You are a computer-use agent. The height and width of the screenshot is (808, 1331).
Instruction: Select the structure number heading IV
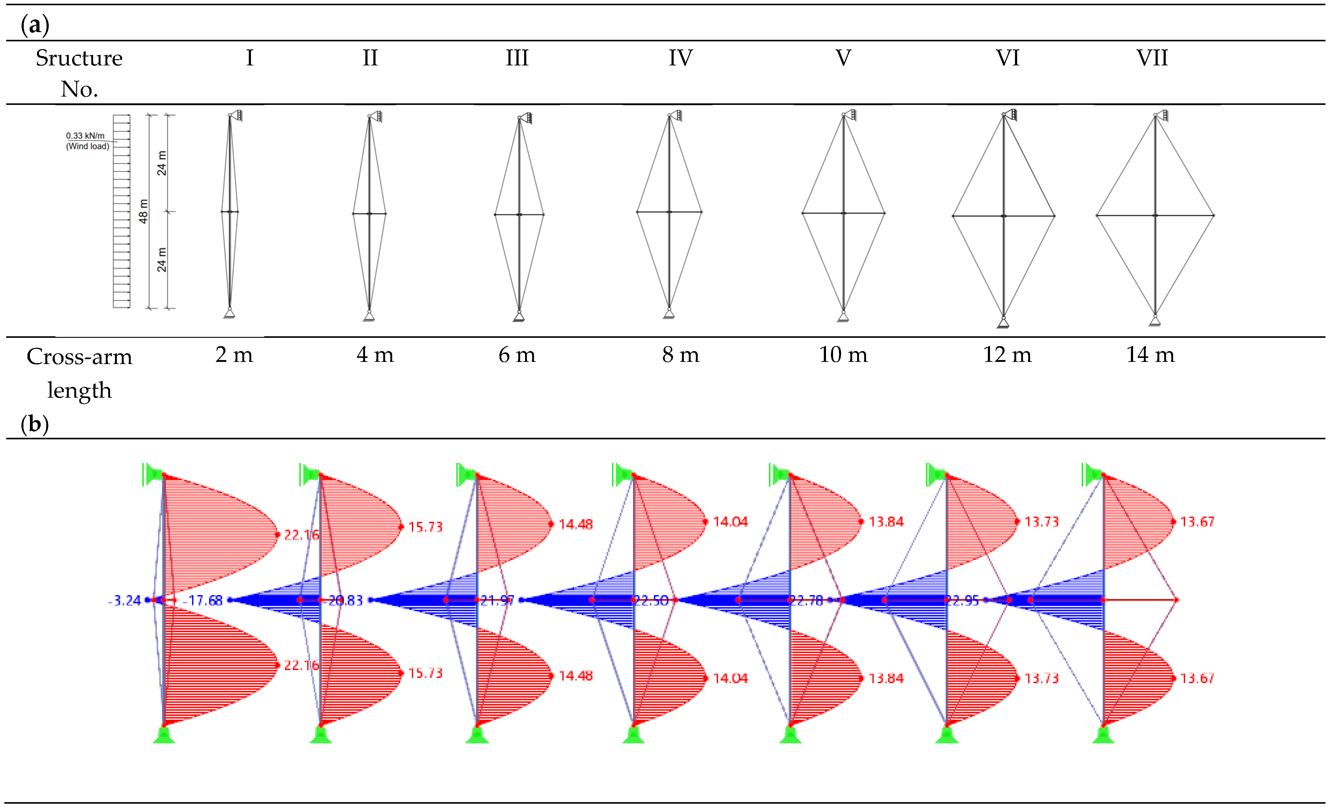(680, 58)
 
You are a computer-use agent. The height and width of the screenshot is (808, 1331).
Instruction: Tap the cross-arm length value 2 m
(234, 355)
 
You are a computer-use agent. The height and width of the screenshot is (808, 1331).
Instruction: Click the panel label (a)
(35, 25)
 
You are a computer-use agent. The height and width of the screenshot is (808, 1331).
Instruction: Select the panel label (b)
(35, 424)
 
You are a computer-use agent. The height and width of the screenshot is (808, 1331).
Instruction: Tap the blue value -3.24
(125, 600)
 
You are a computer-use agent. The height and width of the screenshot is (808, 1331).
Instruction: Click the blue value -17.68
(203, 600)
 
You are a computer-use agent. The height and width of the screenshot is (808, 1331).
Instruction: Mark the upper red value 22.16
(302, 535)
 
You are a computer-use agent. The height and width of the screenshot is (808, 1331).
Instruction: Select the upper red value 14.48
(575, 524)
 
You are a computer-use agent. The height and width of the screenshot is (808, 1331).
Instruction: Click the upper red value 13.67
(1197, 522)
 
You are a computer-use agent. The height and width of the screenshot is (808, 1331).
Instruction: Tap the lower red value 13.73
(1041, 678)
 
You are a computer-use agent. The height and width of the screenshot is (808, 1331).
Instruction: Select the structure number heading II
(370, 58)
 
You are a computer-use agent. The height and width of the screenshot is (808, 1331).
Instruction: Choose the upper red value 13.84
(886, 522)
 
